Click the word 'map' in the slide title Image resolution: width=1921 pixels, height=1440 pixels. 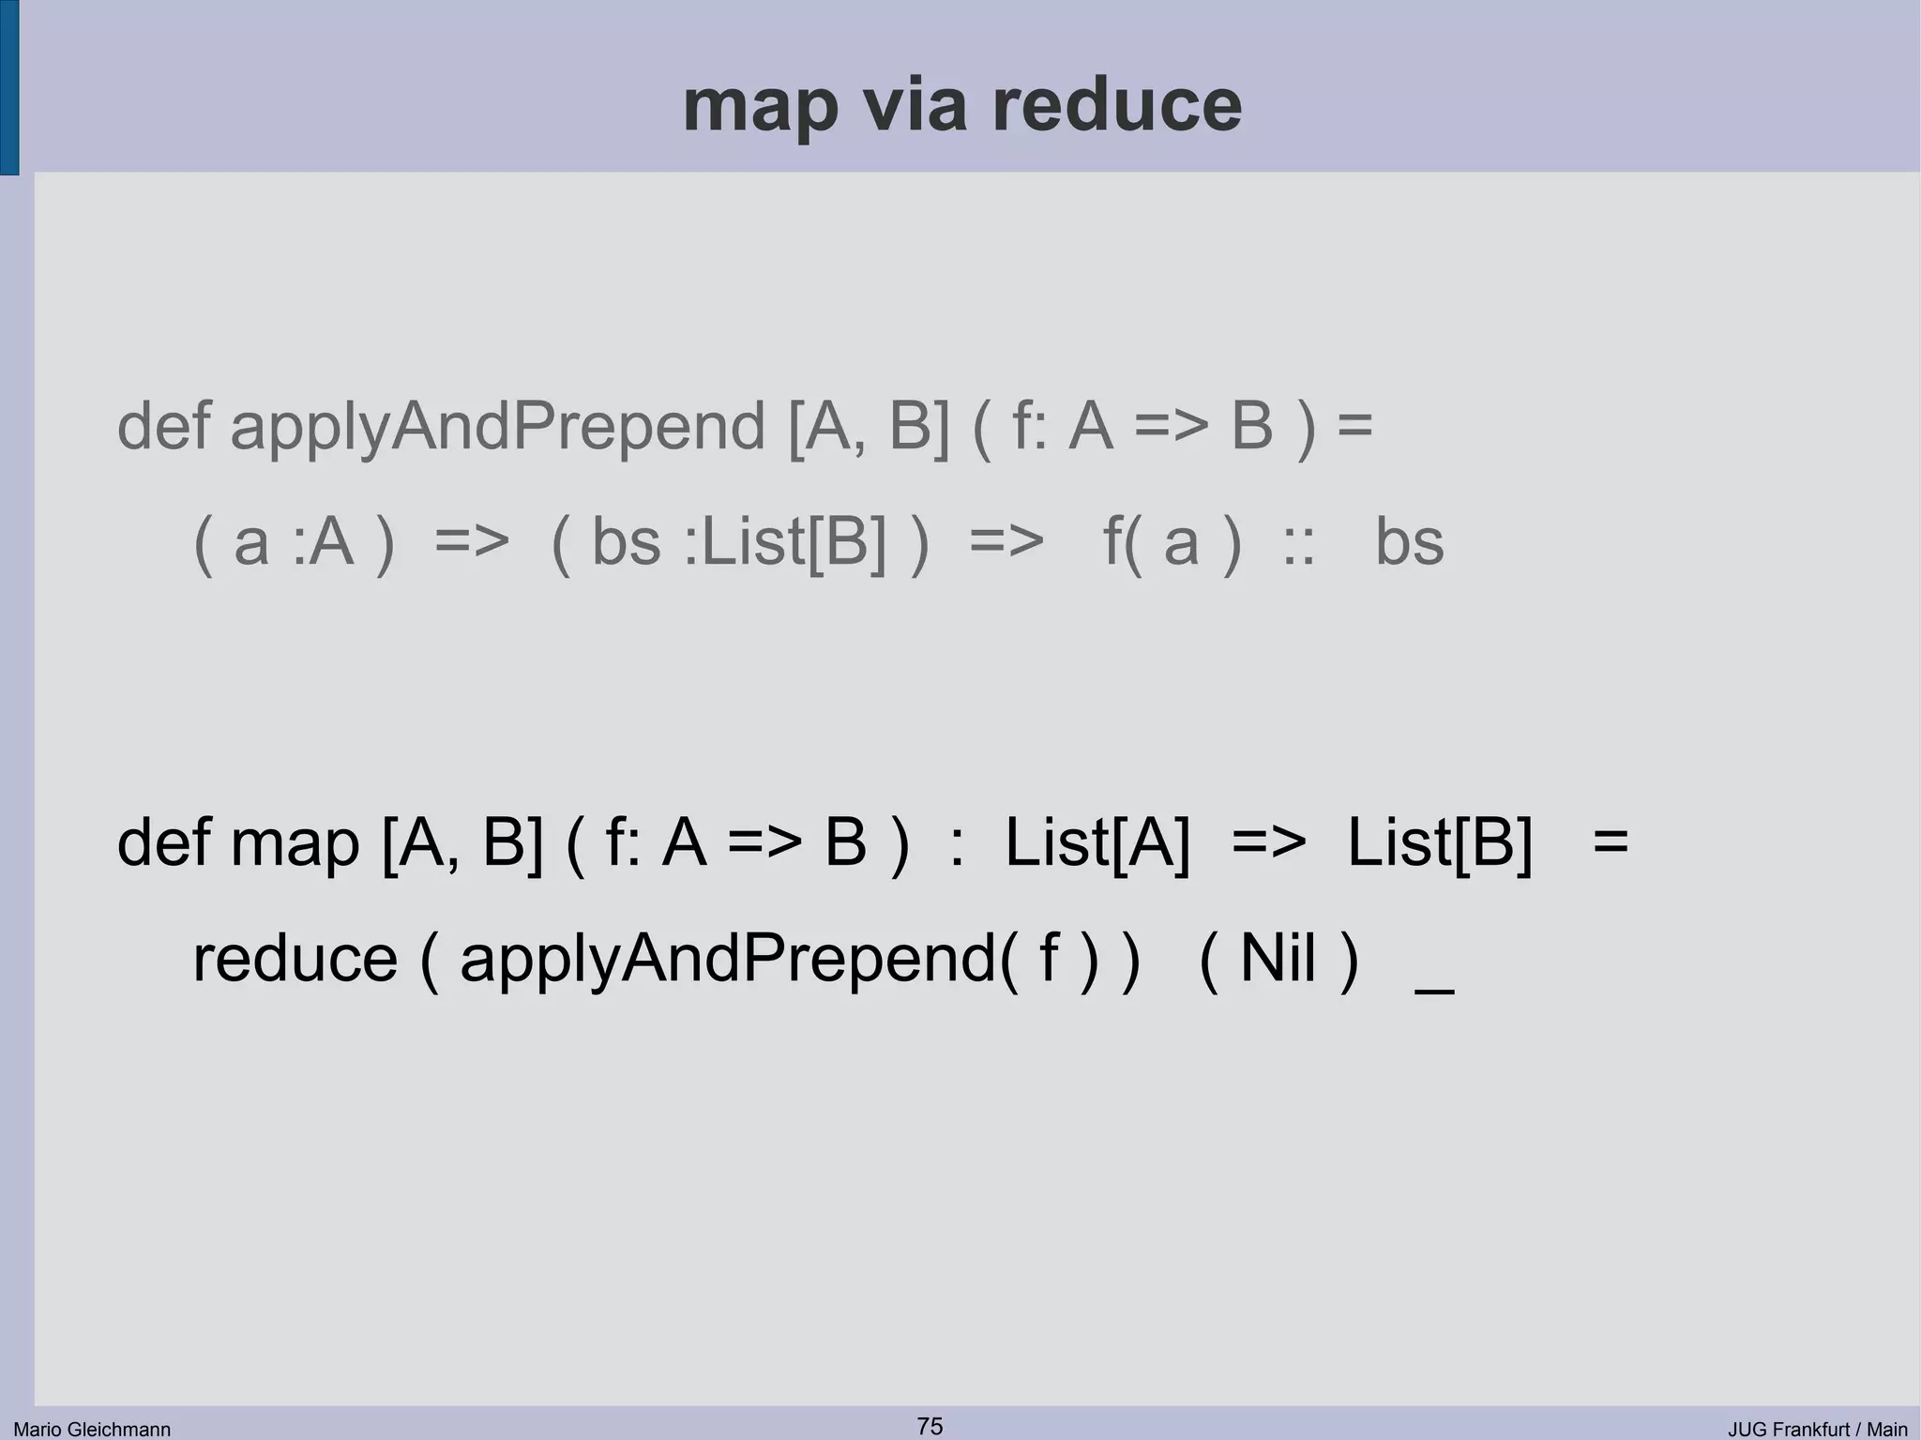[760, 106]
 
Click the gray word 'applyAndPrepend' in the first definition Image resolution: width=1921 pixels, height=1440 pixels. [498, 427]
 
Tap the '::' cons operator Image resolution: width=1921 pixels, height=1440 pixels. [1298, 544]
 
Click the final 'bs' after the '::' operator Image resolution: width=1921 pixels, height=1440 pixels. [1409, 542]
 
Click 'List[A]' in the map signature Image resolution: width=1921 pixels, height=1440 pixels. [1097, 841]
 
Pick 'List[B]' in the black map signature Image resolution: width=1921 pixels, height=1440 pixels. [1439, 841]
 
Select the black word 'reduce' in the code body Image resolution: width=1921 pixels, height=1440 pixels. [295, 960]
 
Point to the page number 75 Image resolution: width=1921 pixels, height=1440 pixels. [930, 1426]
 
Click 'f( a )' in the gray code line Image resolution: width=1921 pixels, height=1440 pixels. [1172, 542]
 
